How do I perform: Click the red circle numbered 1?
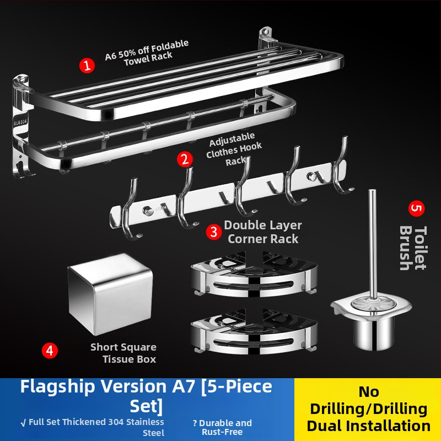tap(87, 66)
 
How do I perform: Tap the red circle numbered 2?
tap(185, 159)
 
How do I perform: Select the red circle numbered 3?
tap(214, 232)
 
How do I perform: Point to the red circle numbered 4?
tap(50, 351)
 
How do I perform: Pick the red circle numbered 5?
tap(416, 209)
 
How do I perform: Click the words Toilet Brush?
tap(413, 248)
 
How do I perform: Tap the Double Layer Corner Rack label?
tap(263, 232)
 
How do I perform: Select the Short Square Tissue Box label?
tap(123, 353)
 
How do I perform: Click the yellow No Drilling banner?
tap(368, 408)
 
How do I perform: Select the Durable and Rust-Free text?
tap(222, 427)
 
